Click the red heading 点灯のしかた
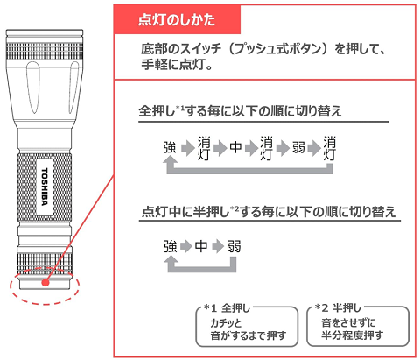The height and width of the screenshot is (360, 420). [177, 20]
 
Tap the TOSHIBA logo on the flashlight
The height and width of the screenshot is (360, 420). [45, 187]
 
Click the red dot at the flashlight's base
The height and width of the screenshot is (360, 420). [45, 283]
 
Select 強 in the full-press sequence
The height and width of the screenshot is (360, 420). [170, 147]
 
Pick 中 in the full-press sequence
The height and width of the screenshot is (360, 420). [235, 147]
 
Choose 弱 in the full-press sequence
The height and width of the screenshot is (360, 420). [298, 147]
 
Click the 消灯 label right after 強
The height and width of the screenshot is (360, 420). [204, 148]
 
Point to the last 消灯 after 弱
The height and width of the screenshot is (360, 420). [330, 148]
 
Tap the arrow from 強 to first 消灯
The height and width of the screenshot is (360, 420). [187, 148]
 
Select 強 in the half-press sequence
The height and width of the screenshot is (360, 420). [170, 247]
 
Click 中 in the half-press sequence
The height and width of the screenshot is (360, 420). [201, 247]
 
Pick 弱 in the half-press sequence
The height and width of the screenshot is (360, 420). [234, 247]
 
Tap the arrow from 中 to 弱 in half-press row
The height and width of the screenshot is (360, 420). [218, 247]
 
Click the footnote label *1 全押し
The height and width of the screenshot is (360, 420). [227, 308]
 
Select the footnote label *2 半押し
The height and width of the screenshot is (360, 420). [338, 307]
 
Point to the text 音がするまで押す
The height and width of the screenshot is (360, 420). [248, 335]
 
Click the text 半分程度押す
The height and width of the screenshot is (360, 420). [353, 335]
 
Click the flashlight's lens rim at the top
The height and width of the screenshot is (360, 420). [45, 32]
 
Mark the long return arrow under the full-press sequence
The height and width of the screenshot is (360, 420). [249, 171]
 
